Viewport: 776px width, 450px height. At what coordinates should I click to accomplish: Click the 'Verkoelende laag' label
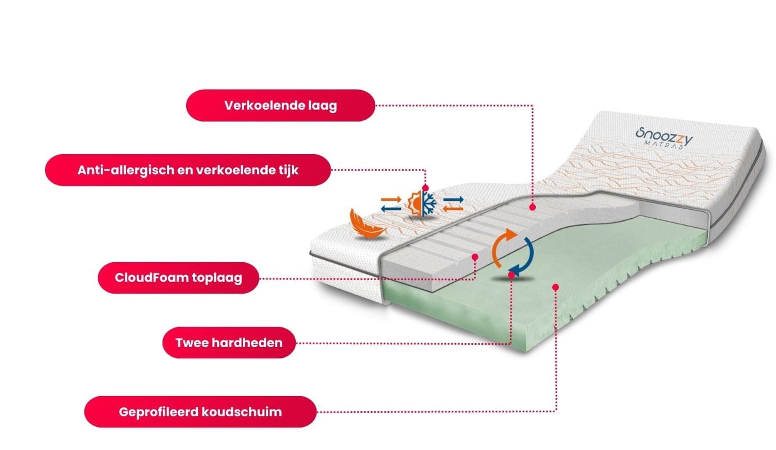pyautogui.click(x=280, y=105)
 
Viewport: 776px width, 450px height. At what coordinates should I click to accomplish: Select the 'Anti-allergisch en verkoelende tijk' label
pyautogui.click(x=188, y=170)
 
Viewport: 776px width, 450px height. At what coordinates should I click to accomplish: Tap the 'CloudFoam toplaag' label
pyautogui.click(x=178, y=278)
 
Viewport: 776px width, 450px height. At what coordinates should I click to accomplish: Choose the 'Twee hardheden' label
pyautogui.click(x=229, y=342)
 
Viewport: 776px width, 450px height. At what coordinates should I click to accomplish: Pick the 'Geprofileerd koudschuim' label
pyautogui.click(x=200, y=412)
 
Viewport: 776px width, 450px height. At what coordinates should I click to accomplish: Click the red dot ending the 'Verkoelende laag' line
pyautogui.click(x=533, y=208)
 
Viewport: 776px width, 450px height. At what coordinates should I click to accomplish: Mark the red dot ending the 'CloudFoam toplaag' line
pyautogui.click(x=475, y=256)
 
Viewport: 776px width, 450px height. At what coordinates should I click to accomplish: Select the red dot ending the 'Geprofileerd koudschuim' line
pyautogui.click(x=556, y=287)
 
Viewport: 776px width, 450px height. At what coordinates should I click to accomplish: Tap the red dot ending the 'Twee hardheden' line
pyautogui.click(x=511, y=274)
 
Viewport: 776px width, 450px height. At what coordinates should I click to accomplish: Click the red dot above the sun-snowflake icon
pyautogui.click(x=425, y=188)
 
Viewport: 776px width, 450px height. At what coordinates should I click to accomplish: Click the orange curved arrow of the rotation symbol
pyautogui.click(x=502, y=245)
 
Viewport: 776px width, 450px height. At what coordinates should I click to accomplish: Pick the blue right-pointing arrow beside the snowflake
pyautogui.click(x=453, y=199)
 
